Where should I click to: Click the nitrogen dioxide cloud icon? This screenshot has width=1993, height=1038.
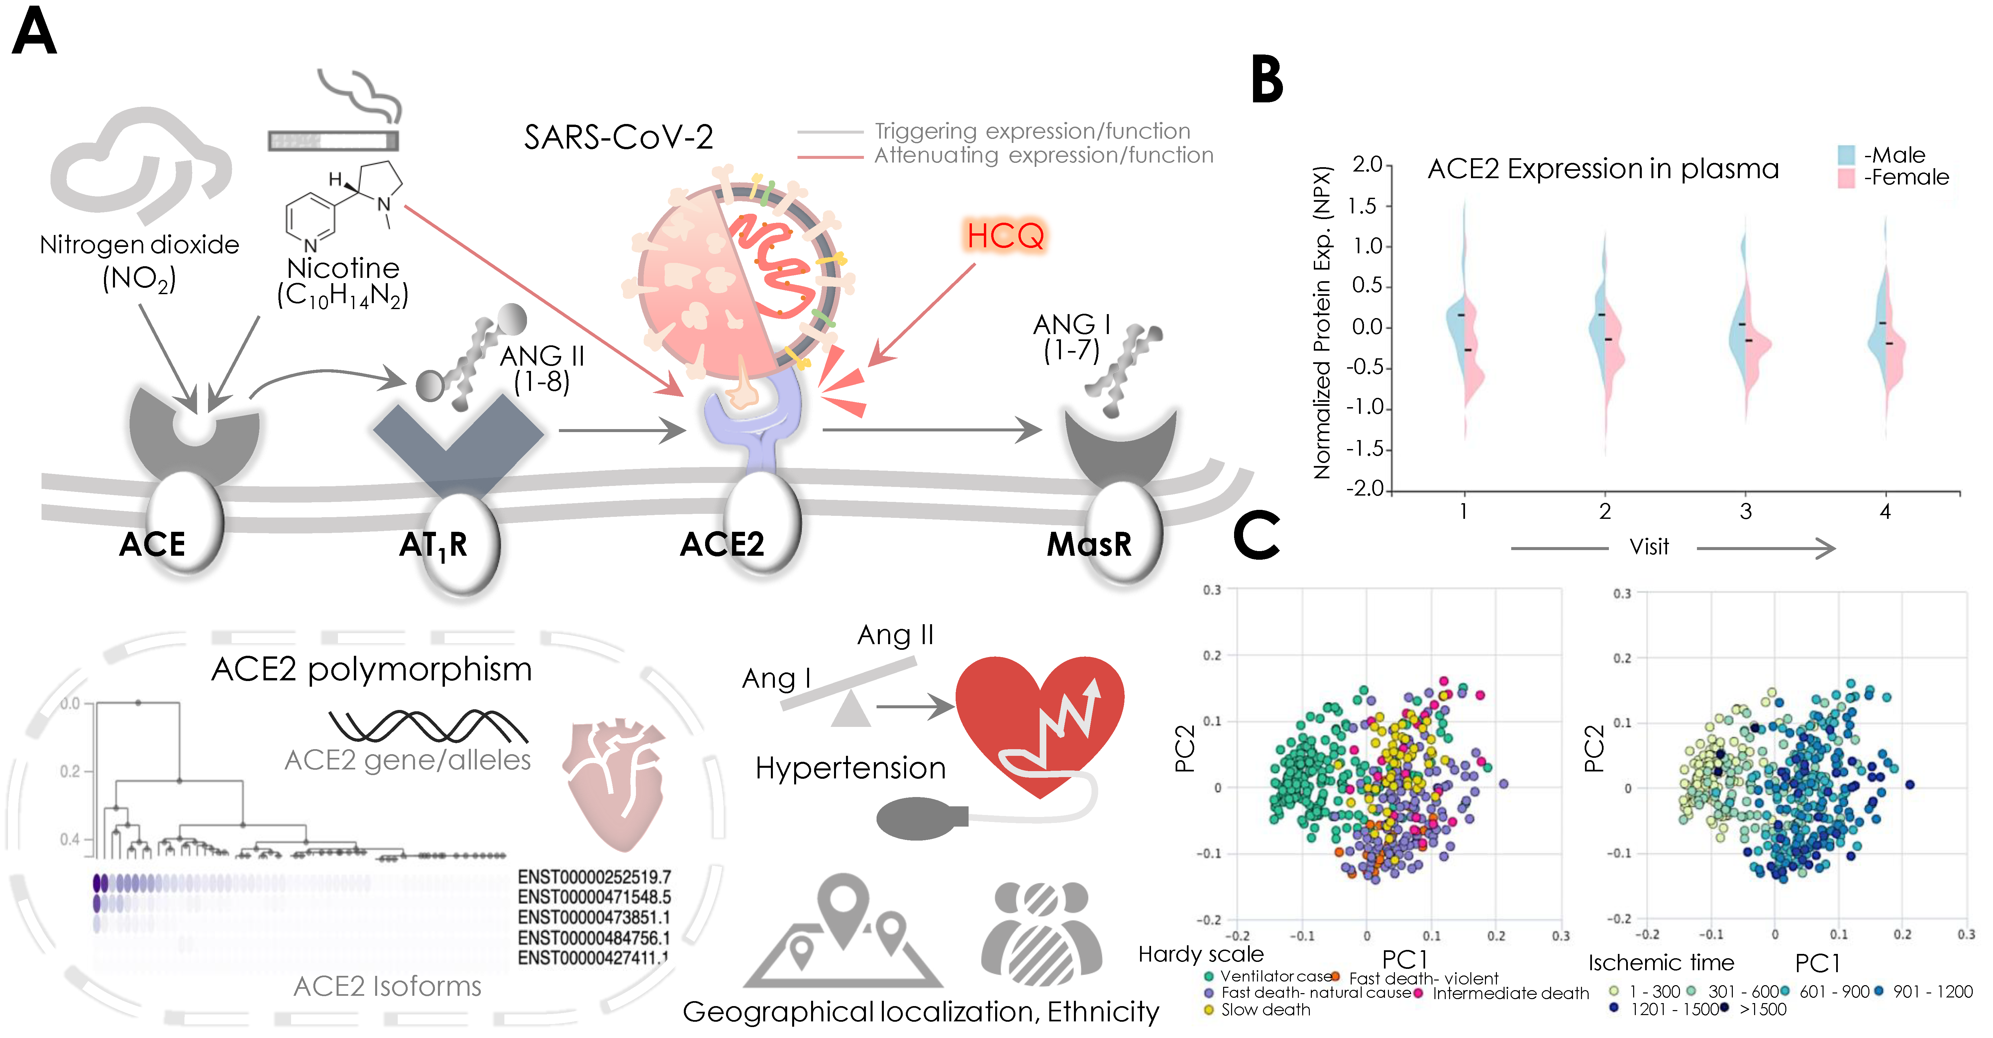tap(139, 167)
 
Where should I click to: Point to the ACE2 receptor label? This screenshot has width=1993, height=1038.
tap(722, 544)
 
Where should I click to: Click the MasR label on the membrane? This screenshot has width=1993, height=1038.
tap(1089, 544)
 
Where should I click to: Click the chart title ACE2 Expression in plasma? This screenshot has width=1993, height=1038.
tap(1603, 169)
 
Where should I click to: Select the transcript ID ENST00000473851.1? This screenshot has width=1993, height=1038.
tap(593, 917)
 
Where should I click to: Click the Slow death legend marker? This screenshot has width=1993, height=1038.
tap(1208, 1010)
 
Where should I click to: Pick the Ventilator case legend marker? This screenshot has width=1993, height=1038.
tap(1208, 977)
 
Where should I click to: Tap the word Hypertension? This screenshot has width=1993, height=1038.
tap(850, 768)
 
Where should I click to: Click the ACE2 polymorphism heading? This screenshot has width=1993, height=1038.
tap(371, 669)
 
